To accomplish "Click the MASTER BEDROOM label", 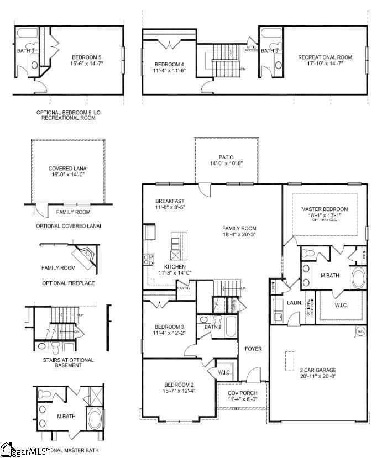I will tap(325, 209).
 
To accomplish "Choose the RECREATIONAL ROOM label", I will tap(325, 57).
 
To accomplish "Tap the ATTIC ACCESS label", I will tap(252, 48).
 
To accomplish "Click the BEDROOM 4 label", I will tap(169, 65).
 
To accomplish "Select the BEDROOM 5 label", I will tap(87, 57).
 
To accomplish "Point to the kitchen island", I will tap(179, 246).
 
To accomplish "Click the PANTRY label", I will tap(184, 288).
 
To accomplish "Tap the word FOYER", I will tap(254, 349).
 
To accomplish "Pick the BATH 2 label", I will tap(212, 327).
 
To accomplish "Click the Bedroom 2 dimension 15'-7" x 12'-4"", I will tap(178, 391).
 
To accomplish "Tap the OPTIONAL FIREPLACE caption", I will tap(68, 283).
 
